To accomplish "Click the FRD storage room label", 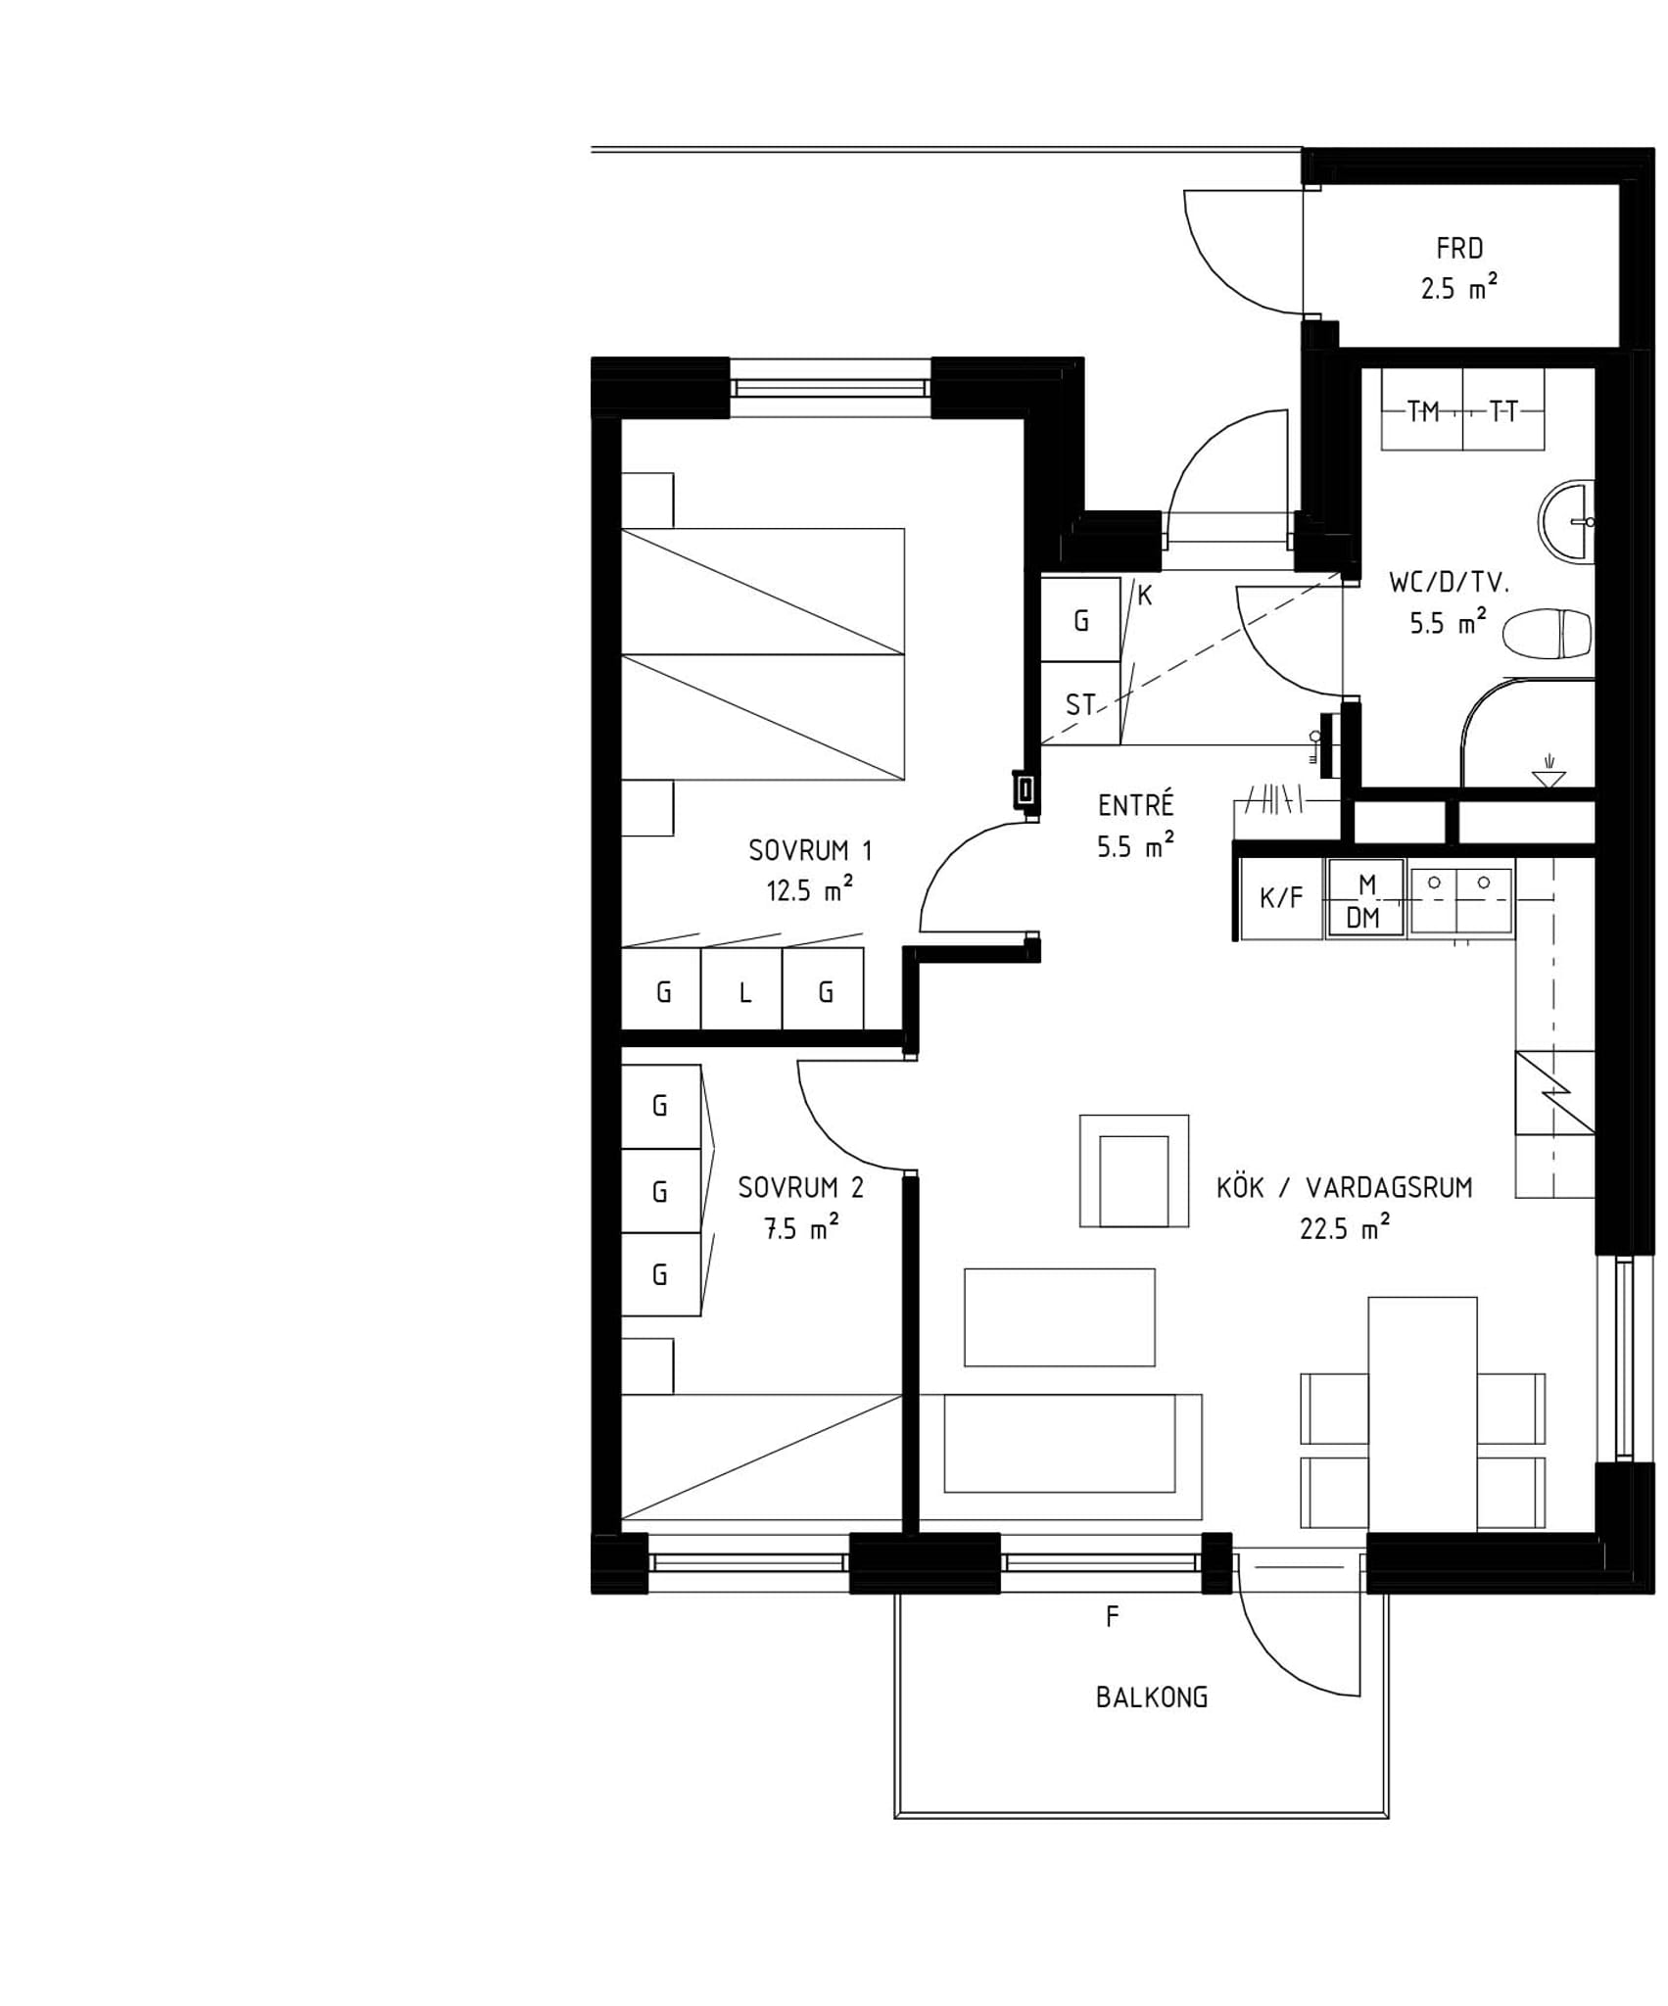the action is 1459,249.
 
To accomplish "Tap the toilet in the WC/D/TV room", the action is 1547,635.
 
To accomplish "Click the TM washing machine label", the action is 1423,412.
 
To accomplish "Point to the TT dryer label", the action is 1502,412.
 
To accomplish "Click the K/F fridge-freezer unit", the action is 1282,898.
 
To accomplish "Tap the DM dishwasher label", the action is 1362,918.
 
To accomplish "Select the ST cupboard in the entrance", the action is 1080,704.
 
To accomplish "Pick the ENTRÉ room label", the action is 1135,805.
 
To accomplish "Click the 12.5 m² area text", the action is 809,889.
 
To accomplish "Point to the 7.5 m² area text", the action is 800,1227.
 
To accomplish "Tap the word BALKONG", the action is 1151,1697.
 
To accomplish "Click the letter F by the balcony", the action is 1112,1617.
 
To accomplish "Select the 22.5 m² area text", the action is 1345,1226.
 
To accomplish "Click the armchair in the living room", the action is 1134,1170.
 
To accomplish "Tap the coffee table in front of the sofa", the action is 1059,1317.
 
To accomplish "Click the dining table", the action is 1422,1412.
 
